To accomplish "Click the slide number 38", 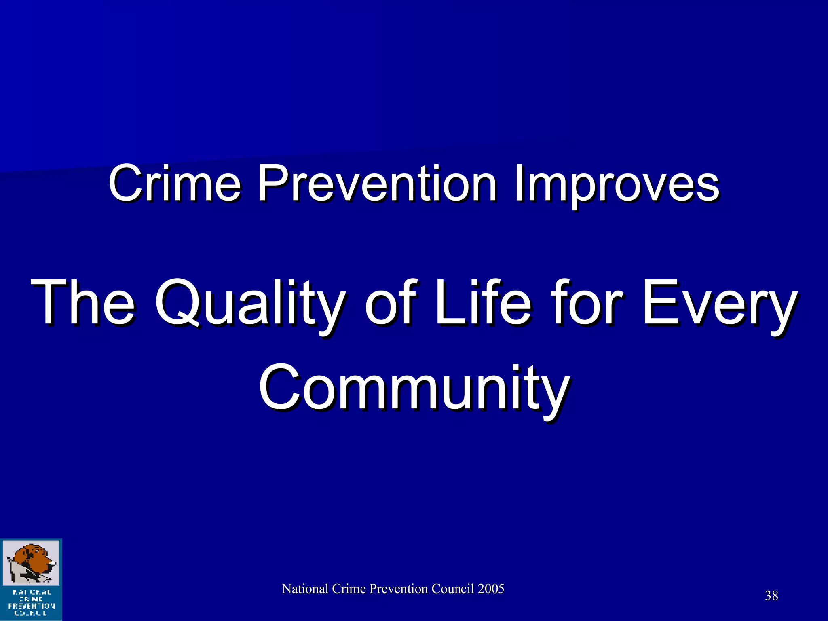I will (x=771, y=596).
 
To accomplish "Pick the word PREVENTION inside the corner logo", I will (x=32, y=606).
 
